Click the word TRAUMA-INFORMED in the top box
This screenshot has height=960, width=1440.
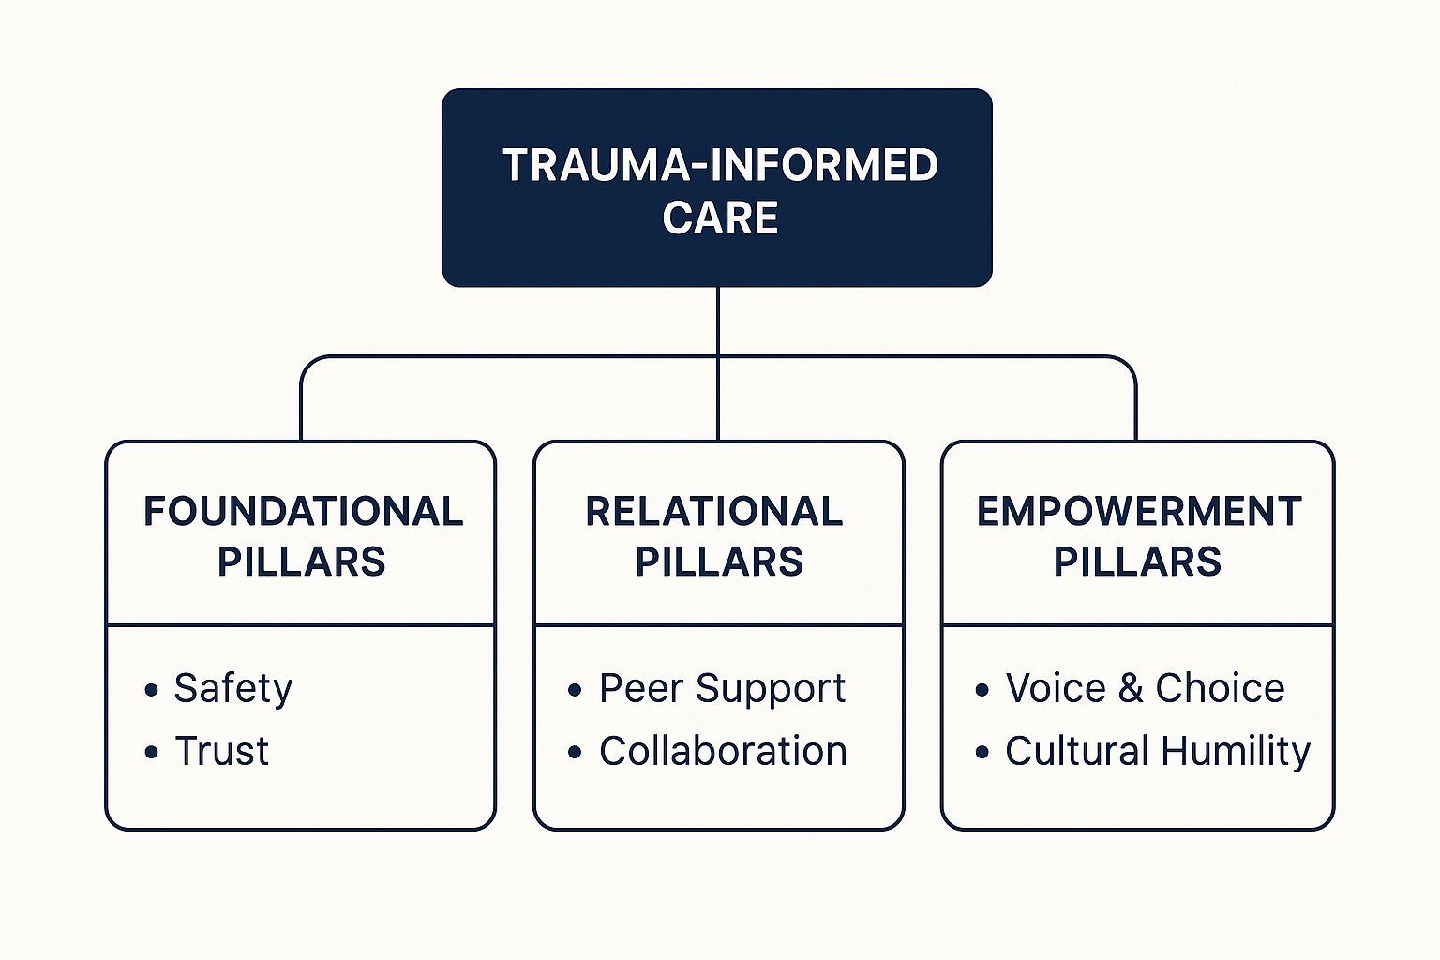[720, 165]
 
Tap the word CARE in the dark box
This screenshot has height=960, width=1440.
[720, 218]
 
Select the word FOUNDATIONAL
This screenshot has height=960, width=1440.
[303, 512]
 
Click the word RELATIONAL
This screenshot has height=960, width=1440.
[714, 512]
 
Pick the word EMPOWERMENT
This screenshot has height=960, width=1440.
[1138, 512]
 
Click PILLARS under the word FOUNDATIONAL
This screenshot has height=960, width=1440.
[301, 562]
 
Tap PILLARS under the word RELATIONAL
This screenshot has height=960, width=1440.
[719, 562]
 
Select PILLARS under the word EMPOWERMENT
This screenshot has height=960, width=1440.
[1137, 562]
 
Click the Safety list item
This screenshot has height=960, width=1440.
[232, 689]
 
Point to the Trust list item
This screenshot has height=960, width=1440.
[222, 751]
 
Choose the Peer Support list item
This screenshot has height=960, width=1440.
[722, 689]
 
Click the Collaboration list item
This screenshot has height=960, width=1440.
[723, 751]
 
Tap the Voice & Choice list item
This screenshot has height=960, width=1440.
[1145, 689]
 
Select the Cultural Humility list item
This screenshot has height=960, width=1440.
[1158, 751]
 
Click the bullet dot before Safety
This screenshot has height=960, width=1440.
[152, 691]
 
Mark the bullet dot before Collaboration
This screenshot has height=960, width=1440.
[576, 753]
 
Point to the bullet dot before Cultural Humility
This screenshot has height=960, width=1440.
[982, 753]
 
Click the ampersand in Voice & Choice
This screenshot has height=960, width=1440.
[1131, 689]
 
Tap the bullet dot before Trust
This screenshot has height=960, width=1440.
[152, 753]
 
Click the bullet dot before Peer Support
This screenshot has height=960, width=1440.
[576, 691]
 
